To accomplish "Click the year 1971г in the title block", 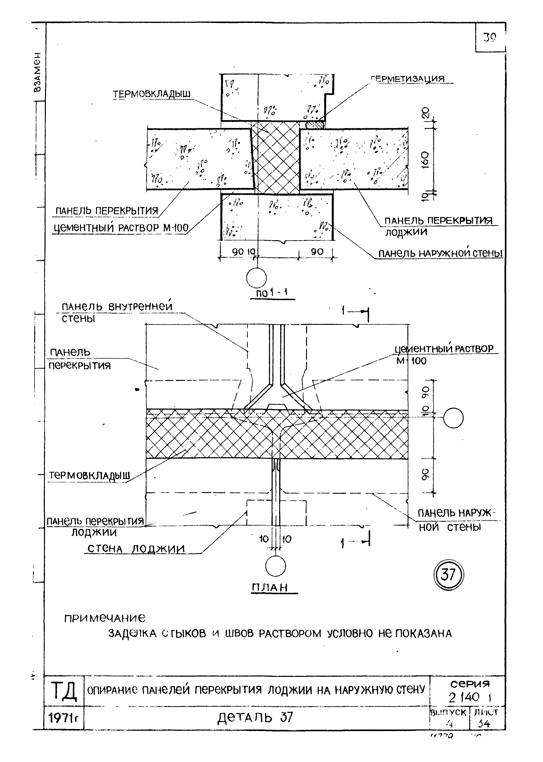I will (x=64, y=717).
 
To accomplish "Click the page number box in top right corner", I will (x=490, y=37).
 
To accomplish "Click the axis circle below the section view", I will (x=256, y=277).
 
